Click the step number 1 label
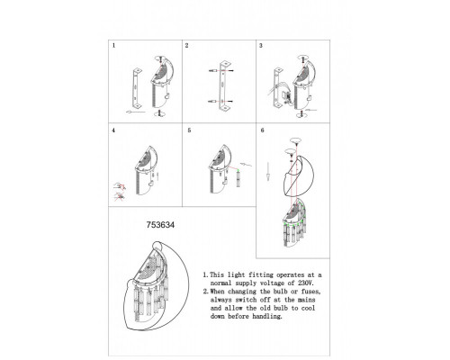pos(113,46)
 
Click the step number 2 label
pos(187,46)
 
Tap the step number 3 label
pos(261,46)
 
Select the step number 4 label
pos(113,130)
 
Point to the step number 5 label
pos(189,130)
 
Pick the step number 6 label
pos(263,130)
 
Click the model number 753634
pos(160,225)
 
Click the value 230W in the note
pos(306,283)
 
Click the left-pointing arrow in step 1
pos(136,112)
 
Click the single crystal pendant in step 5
pos(238,178)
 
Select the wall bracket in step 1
pos(138,88)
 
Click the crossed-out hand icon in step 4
pos(120,196)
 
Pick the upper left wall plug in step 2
pos(213,71)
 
